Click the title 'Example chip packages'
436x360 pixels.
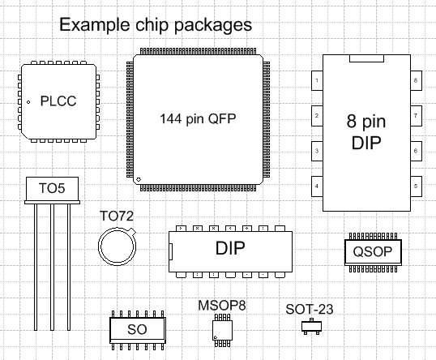point(156,25)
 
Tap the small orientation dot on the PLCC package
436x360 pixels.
point(28,102)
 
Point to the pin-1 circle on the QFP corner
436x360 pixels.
point(139,178)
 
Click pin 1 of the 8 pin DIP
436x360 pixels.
point(316,80)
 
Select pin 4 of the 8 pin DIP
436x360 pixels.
point(316,186)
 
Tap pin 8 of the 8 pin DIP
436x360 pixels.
point(415,80)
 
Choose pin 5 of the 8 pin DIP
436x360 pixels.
point(415,186)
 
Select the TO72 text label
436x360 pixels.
point(116,216)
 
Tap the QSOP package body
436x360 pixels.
point(372,251)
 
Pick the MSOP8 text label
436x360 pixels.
point(221,306)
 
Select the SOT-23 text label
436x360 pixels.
point(310,309)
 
